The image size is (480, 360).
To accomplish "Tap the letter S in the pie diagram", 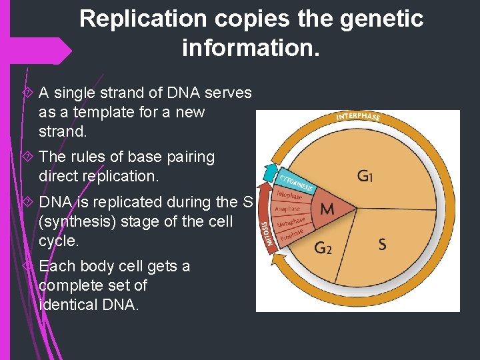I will [382, 245].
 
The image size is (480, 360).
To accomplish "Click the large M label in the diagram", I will [327, 209].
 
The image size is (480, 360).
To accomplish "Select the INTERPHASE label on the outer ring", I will [358, 117].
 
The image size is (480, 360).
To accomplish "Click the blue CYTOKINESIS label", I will [296, 179].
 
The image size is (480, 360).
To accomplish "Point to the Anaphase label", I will [288, 209].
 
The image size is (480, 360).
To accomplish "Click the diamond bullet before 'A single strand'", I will [27, 93].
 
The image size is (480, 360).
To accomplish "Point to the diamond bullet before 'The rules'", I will [27, 157].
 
